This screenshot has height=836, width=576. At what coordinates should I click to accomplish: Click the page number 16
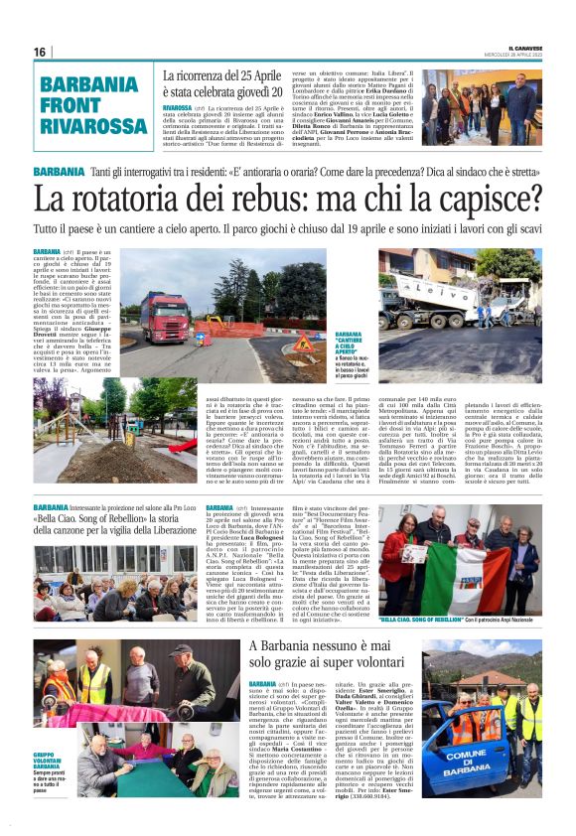pyautogui.click(x=40, y=52)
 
